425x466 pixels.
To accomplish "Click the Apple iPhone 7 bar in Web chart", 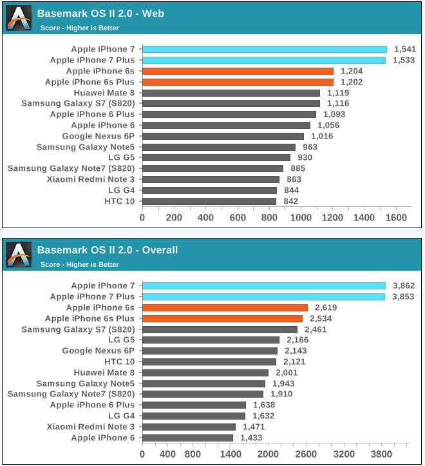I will (264, 49).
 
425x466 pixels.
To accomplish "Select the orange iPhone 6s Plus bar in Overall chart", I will (222, 318).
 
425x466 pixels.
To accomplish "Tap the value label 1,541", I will (404, 49).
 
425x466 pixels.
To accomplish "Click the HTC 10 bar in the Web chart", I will (209, 201).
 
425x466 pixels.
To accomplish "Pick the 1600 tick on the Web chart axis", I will (395, 218).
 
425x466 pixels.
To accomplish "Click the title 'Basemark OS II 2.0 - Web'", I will (100, 14).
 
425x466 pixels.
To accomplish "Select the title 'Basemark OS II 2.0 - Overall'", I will (108, 250).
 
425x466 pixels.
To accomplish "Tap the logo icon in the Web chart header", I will (19, 19).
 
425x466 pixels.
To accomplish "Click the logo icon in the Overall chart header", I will (19, 255).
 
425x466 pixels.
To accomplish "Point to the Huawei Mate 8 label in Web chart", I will (104, 93).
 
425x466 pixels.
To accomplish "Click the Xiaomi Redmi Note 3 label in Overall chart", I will (91, 427).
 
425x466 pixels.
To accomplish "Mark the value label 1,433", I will (252, 438).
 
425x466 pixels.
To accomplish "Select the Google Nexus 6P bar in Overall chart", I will (210, 351).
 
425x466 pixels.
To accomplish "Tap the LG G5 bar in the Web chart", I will (216, 157).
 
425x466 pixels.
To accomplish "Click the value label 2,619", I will (325, 307).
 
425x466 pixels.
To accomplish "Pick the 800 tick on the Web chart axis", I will (269, 218).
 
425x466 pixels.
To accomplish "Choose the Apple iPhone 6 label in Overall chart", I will (103, 438).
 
